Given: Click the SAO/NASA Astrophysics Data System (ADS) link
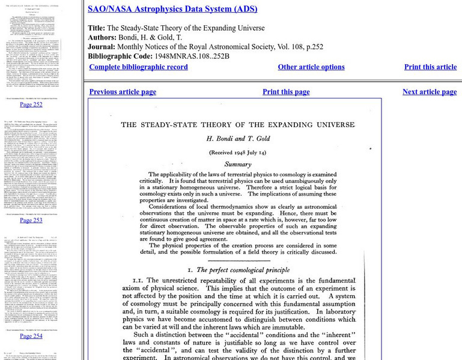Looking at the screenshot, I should (172, 9).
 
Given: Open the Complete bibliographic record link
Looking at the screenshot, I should (138, 67).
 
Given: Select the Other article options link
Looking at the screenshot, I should (311, 67).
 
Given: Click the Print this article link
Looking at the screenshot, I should (430, 67).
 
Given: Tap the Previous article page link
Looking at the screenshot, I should (123, 92).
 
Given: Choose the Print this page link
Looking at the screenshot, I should (286, 92).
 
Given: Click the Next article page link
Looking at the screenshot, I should (430, 92).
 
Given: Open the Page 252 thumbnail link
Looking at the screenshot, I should (31, 104).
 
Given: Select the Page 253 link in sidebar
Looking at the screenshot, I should (31, 220).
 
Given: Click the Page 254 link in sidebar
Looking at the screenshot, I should (31, 336).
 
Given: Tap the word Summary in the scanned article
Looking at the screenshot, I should (237, 164).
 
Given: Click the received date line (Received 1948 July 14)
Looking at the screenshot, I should (237, 152).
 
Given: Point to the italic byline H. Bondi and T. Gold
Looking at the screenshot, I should (236, 139).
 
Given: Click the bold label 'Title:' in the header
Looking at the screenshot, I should (96, 28).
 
